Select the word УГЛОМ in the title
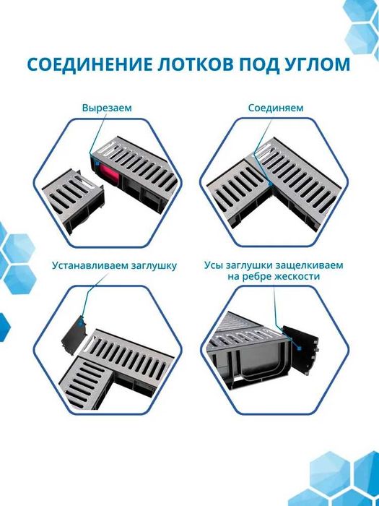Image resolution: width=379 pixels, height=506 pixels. pyautogui.click(x=312, y=65)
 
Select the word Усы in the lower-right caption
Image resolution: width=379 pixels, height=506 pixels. pyautogui.click(x=214, y=265)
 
